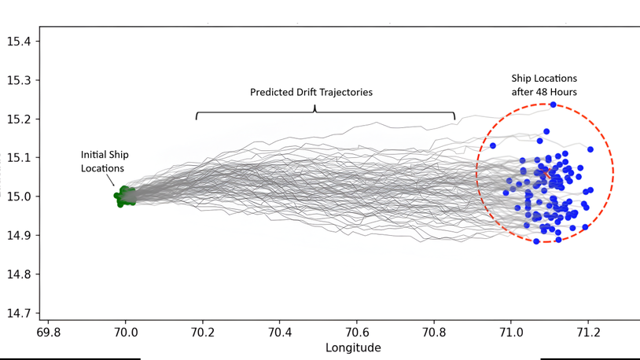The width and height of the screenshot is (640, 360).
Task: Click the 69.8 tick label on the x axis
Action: click(49, 332)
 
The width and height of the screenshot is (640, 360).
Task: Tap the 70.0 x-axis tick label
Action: click(126, 332)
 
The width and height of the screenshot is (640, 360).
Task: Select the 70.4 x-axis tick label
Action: click(280, 332)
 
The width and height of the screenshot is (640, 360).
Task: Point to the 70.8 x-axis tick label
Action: click(434, 332)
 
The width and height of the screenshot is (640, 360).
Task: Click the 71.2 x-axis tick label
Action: click(588, 332)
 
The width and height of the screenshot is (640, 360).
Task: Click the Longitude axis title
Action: click(353, 347)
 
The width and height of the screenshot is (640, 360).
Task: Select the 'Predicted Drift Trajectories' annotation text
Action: click(311, 92)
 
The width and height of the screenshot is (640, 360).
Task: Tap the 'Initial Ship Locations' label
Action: click(102, 161)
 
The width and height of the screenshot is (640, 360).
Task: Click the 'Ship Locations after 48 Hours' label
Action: click(544, 85)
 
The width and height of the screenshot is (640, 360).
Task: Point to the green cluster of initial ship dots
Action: click(124, 197)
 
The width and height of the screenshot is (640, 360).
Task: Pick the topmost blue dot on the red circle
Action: click(554, 105)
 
